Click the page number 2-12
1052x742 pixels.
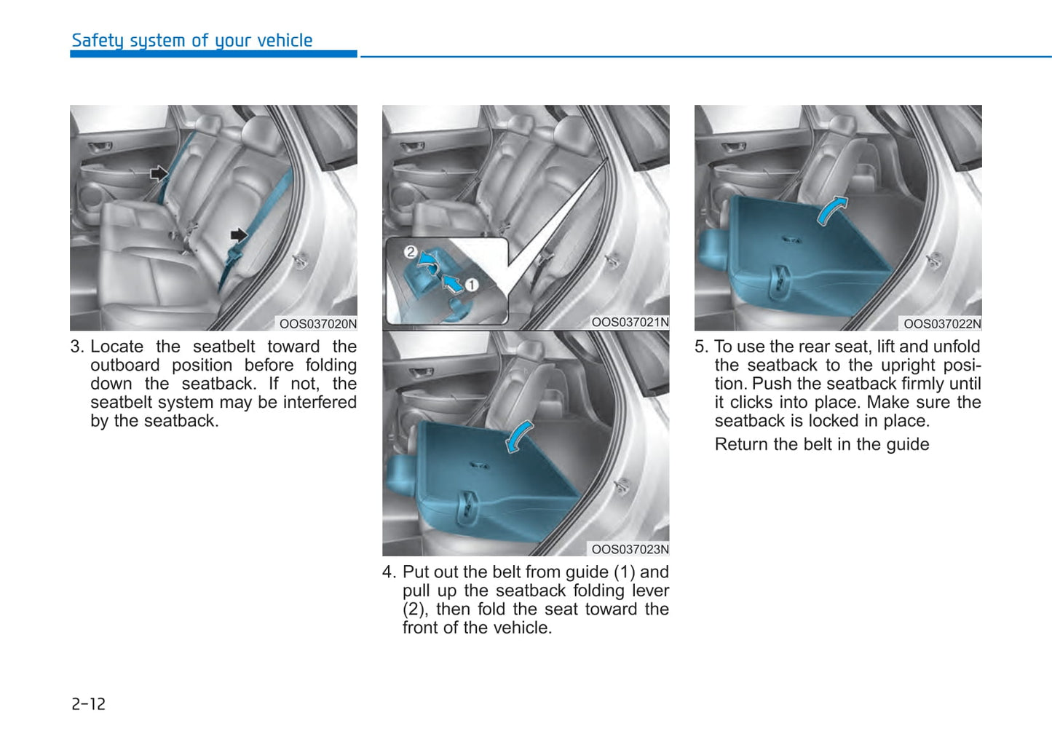point(88,704)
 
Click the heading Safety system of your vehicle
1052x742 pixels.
point(191,41)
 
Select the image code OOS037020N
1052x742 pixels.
point(318,324)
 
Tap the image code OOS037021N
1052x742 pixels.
point(630,322)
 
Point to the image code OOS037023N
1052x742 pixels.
point(630,549)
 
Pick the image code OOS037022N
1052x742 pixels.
point(942,324)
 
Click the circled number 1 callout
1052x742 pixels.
point(472,285)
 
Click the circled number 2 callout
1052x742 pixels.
point(411,252)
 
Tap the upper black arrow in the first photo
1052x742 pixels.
point(159,173)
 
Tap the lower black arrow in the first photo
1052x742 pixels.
point(238,234)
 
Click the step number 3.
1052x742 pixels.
point(76,347)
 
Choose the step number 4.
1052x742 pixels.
point(389,572)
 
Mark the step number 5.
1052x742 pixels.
point(700,347)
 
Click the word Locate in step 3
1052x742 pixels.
point(116,347)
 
